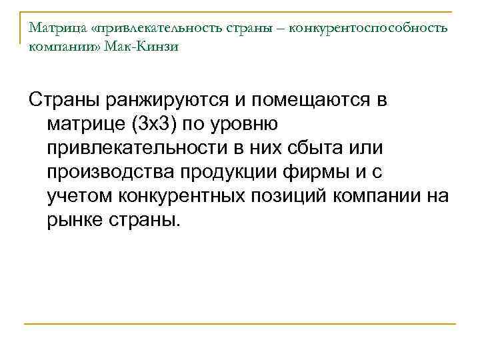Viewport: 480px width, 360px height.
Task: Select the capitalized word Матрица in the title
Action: click(x=53, y=30)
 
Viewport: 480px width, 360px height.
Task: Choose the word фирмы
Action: click(x=318, y=171)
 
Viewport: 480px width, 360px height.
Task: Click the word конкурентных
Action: click(x=185, y=195)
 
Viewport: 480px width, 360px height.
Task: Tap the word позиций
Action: click(x=297, y=195)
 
